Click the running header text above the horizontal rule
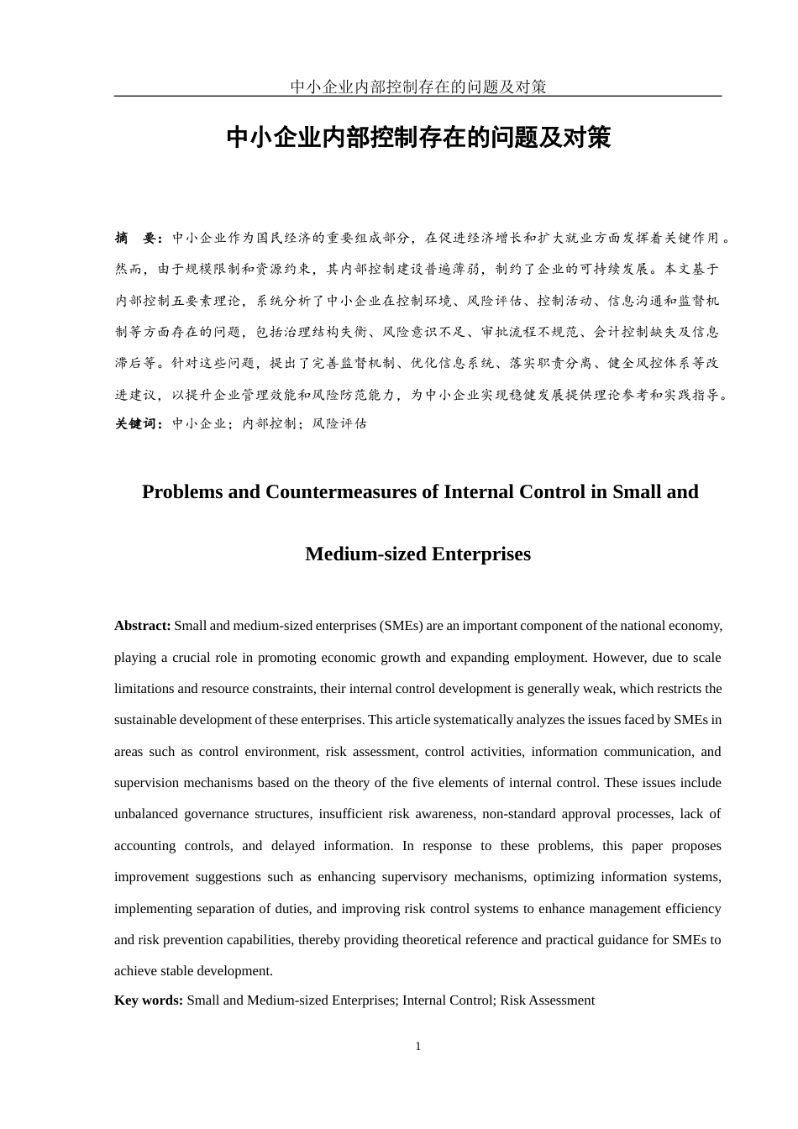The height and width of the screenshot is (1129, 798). point(417,87)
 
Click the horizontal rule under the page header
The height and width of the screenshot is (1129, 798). point(417,97)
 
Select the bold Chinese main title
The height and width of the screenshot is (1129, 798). point(418,138)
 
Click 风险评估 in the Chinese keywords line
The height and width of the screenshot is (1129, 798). point(339,424)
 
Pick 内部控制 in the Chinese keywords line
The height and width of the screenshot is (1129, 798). point(269,424)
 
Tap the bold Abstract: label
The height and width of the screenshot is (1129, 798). point(143,626)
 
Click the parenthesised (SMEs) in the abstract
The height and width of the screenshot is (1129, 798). point(400,626)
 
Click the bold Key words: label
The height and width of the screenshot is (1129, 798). point(149,1000)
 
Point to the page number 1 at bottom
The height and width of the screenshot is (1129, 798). point(418,1047)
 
